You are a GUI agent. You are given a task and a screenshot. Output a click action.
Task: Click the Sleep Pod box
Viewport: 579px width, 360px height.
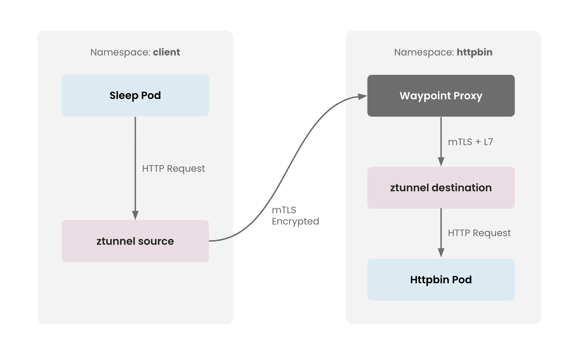(135, 95)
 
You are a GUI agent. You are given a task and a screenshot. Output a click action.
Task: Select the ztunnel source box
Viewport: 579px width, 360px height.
(135, 241)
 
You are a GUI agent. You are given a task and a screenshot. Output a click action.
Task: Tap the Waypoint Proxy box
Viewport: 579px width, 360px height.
(441, 96)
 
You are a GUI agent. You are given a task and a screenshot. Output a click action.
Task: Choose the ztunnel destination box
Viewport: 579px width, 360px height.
(441, 188)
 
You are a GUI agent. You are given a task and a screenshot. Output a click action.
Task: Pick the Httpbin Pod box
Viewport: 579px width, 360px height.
(441, 280)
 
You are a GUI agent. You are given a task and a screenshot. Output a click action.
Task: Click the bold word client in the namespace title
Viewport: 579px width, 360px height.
(166, 52)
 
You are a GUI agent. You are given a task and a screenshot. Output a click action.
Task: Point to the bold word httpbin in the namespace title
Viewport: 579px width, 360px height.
(474, 52)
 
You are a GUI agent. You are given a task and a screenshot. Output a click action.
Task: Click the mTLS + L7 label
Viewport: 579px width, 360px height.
(470, 142)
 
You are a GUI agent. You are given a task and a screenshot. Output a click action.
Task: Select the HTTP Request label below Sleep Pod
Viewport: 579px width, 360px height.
(173, 168)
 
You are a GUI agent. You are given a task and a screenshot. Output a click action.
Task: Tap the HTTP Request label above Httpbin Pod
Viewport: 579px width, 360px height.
(479, 233)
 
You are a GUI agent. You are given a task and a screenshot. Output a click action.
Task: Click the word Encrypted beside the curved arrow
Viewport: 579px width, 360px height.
(295, 221)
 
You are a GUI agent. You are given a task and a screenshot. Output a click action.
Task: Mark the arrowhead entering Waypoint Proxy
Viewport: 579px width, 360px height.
(362, 97)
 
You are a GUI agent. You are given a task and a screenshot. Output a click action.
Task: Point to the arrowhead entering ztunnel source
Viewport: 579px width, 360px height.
(135, 215)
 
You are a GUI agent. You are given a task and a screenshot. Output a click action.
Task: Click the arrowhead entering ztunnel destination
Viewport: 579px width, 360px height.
(441, 161)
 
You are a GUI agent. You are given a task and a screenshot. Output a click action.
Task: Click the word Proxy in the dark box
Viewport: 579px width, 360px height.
(467, 96)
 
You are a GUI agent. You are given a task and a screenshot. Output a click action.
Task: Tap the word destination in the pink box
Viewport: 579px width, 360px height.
(461, 188)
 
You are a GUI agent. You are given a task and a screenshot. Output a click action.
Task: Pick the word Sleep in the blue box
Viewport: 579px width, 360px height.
(124, 96)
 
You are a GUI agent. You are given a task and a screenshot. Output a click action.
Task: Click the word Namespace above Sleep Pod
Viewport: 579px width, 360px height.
(120, 52)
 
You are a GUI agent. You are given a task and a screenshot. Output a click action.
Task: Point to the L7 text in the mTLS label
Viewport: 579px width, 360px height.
(488, 142)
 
